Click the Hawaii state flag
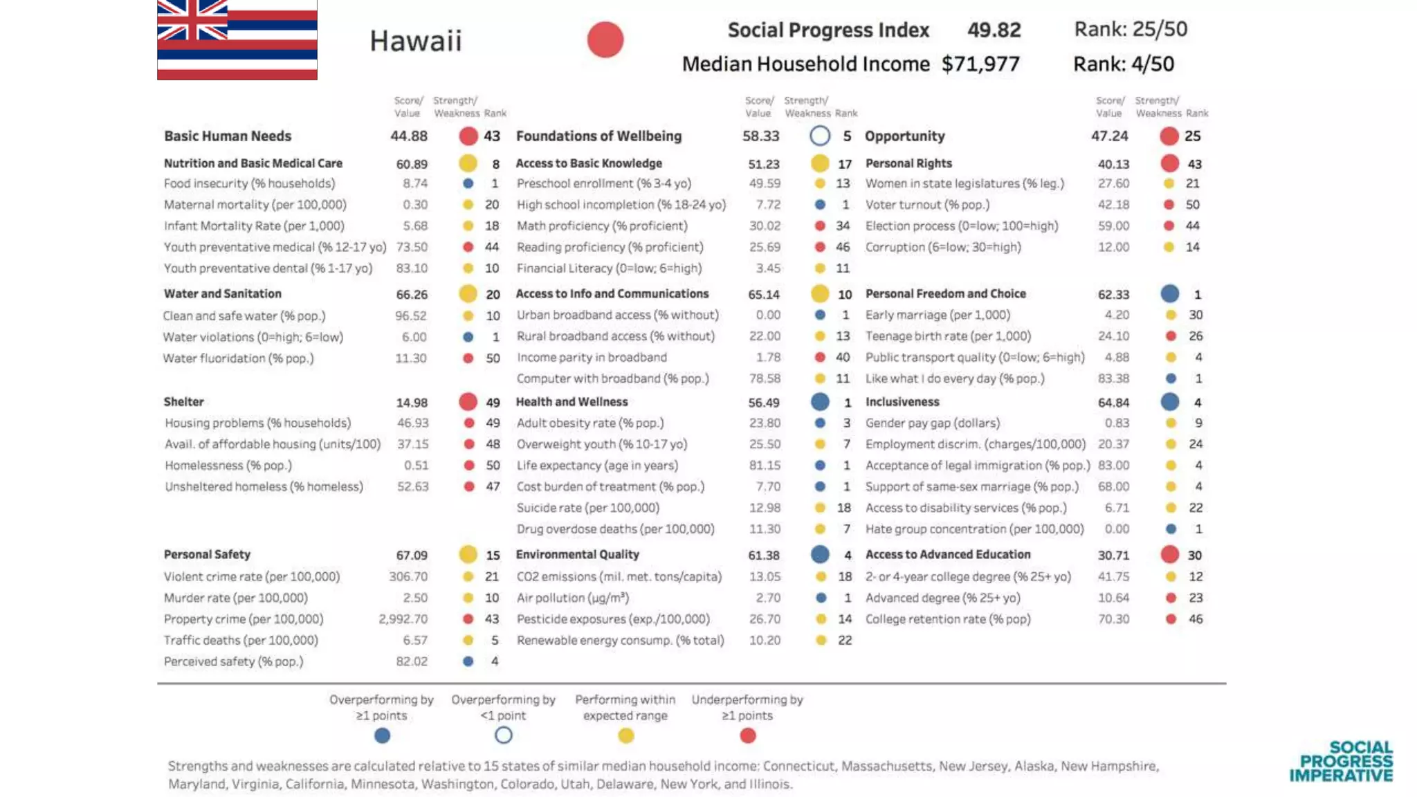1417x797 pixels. click(x=237, y=39)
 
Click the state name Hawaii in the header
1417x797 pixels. click(x=415, y=41)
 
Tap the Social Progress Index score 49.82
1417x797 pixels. click(x=994, y=30)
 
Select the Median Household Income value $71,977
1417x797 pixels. click(x=980, y=64)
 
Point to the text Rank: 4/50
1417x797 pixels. click(x=1123, y=64)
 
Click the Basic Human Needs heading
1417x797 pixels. click(x=227, y=136)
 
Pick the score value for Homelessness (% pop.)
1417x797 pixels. click(x=416, y=466)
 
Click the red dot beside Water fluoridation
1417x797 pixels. click(x=468, y=358)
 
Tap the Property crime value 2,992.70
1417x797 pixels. click(x=403, y=619)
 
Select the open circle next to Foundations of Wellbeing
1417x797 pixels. click(x=820, y=136)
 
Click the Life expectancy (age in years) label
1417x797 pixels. click(x=596, y=466)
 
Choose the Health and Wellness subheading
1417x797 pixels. click(x=572, y=402)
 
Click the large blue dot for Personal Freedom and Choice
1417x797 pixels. click(x=1169, y=294)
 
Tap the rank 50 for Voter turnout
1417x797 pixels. click(x=1192, y=205)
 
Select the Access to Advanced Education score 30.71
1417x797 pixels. click(x=1113, y=555)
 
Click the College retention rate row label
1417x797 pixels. click(x=947, y=619)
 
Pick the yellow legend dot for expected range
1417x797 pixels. click(x=625, y=736)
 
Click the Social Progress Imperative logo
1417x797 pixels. click(x=1341, y=761)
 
